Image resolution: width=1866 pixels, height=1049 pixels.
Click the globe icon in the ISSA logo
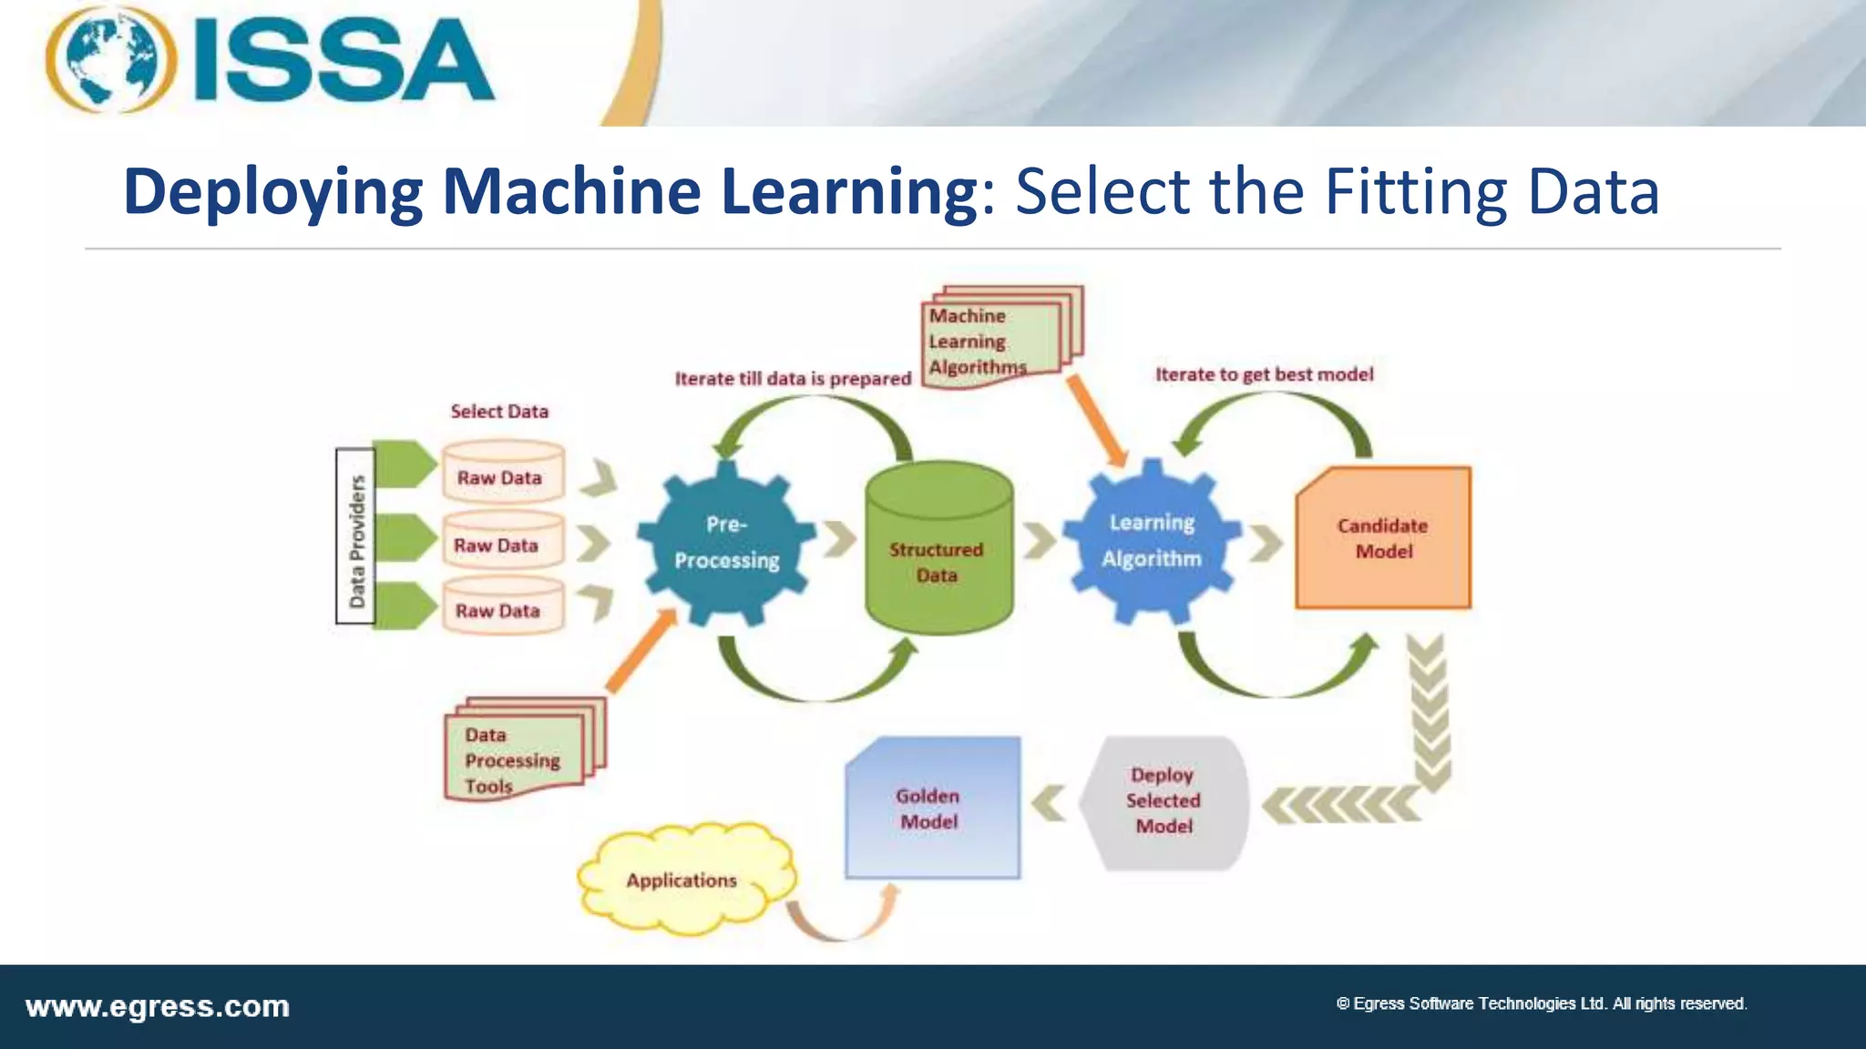111,60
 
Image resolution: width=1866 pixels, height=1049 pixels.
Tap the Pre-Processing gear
726,544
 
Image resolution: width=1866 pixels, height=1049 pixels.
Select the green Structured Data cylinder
938,551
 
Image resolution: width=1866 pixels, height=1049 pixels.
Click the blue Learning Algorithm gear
1152,542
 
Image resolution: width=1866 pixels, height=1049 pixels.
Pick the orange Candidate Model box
1383,538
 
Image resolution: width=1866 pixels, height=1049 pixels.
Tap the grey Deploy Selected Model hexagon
1164,801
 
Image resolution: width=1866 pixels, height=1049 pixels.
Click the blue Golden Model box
931,808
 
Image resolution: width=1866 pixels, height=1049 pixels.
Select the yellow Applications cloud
684,881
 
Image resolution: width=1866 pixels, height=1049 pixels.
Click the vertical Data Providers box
355,537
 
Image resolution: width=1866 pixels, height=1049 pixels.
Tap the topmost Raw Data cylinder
502,473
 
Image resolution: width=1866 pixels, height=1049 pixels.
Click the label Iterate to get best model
1264,374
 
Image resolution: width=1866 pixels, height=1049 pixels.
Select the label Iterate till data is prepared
792,379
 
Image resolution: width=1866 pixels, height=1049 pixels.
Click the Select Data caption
499,412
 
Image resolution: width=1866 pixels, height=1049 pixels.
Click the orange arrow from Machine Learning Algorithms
1098,422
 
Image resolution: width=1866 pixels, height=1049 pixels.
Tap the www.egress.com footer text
158,1007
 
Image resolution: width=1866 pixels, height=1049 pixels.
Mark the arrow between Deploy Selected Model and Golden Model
1050,803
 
